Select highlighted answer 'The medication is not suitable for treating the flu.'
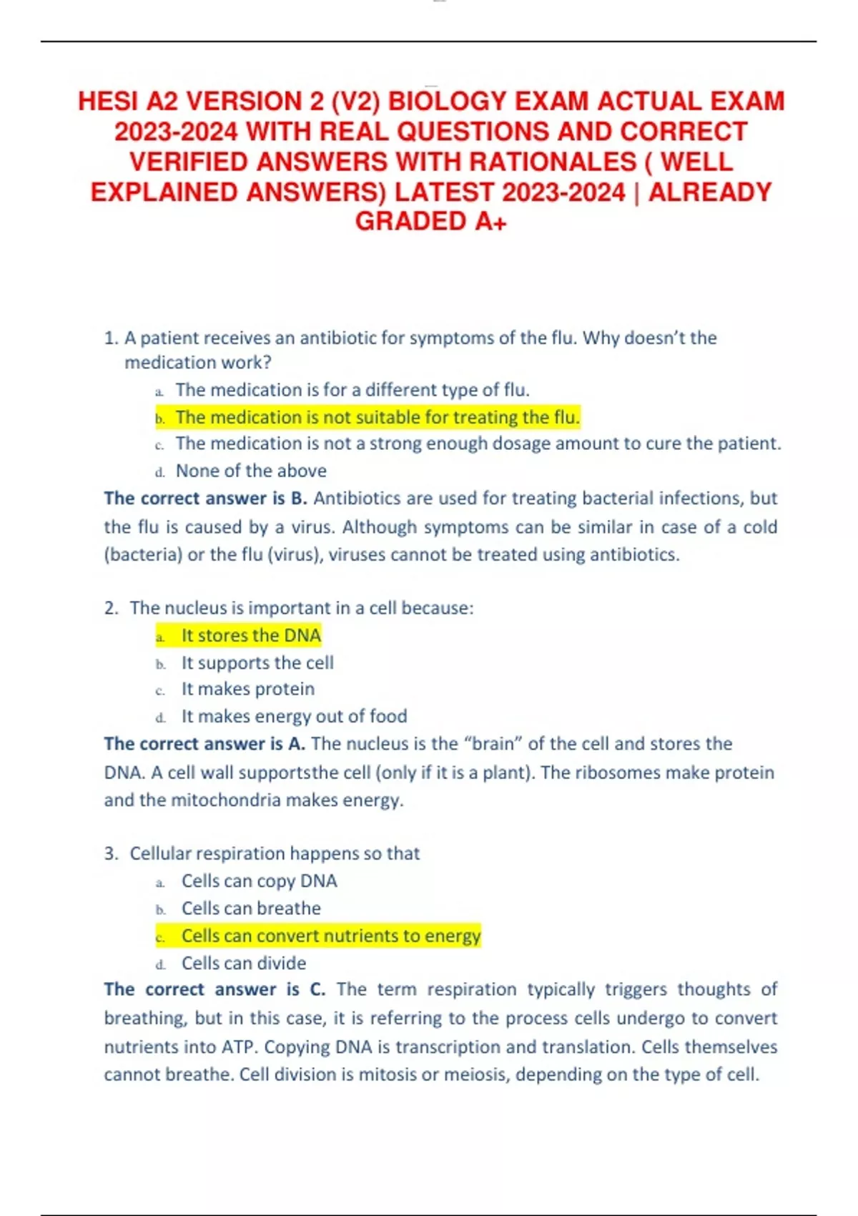tap(378, 417)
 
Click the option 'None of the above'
tap(251, 471)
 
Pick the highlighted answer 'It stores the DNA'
tap(251, 635)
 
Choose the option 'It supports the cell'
tap(257, 662)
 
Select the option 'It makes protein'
tap(247, 689)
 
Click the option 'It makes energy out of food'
tap(294, 716)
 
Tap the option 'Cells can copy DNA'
tap(259, 881)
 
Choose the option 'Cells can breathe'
tap(251, 908)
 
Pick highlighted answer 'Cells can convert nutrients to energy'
tap(331, 936)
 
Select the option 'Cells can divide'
tap(243, 963)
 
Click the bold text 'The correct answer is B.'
tap(205, 498)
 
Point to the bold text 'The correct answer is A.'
tap(204, 744)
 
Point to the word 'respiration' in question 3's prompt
tap(240, 853)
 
